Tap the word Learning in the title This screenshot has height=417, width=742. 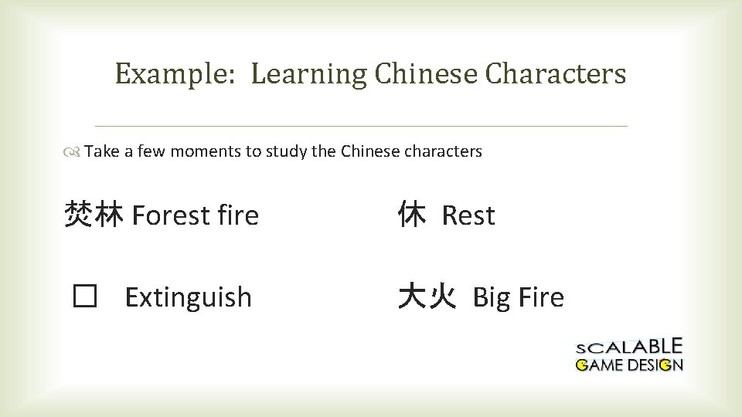(x=309, y=75)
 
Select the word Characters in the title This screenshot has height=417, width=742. (x=556, y=74)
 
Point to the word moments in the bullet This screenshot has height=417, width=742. (x=206, y=151)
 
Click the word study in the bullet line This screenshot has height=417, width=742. (x=286, y=151)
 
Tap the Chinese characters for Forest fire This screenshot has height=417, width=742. (x=94, y=215)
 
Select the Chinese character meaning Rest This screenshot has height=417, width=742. (x=411, y=215)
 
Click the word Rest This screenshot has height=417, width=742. (x=468, y=215)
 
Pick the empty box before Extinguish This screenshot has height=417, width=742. (x=83, y=297)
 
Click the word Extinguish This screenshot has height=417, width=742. (x=188, y=297)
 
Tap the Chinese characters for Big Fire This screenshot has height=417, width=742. (x=426, y=297)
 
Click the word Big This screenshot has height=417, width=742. (x=490, y=297)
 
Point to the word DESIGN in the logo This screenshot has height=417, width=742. (x=655, y=364)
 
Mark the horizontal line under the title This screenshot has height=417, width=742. (x=360, y=126)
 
